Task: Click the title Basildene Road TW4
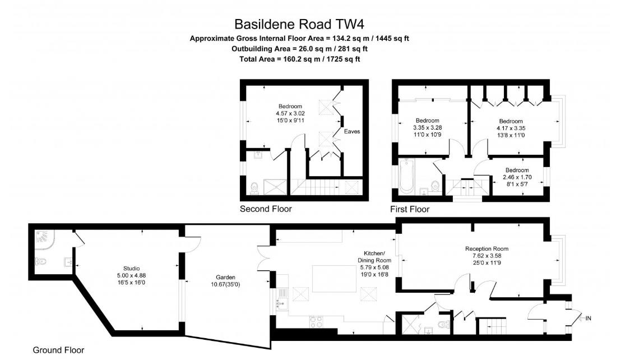coord(299,24)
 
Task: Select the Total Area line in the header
coord(299,59)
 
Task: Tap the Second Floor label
coord(266,209)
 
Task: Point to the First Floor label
coord(410,209)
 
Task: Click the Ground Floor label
coord(58,350)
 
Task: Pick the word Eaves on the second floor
coord(351,132)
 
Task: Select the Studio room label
coord(131,268)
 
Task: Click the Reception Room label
coord(486,248)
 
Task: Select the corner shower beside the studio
coord(44,238)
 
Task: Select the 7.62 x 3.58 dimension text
coord(486,256)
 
